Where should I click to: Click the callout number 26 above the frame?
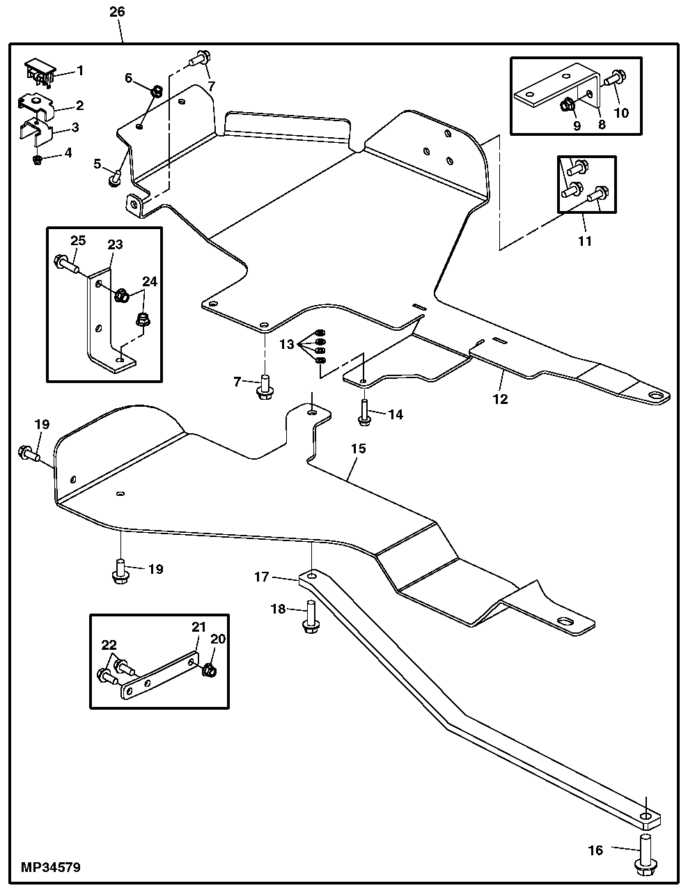(x=117, y=12)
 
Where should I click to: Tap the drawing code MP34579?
(x=51, y=868)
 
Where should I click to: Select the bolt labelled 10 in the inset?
(x=613, y=79)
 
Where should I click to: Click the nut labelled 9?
(x=567, y=105)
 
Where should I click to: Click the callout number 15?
(x=358, y=449)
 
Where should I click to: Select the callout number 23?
(x=114, y=244)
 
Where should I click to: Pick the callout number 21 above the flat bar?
(x=198, y=627)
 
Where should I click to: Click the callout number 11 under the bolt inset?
(x=585, y=241)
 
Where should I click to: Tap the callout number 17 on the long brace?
(x=262, y=577)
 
